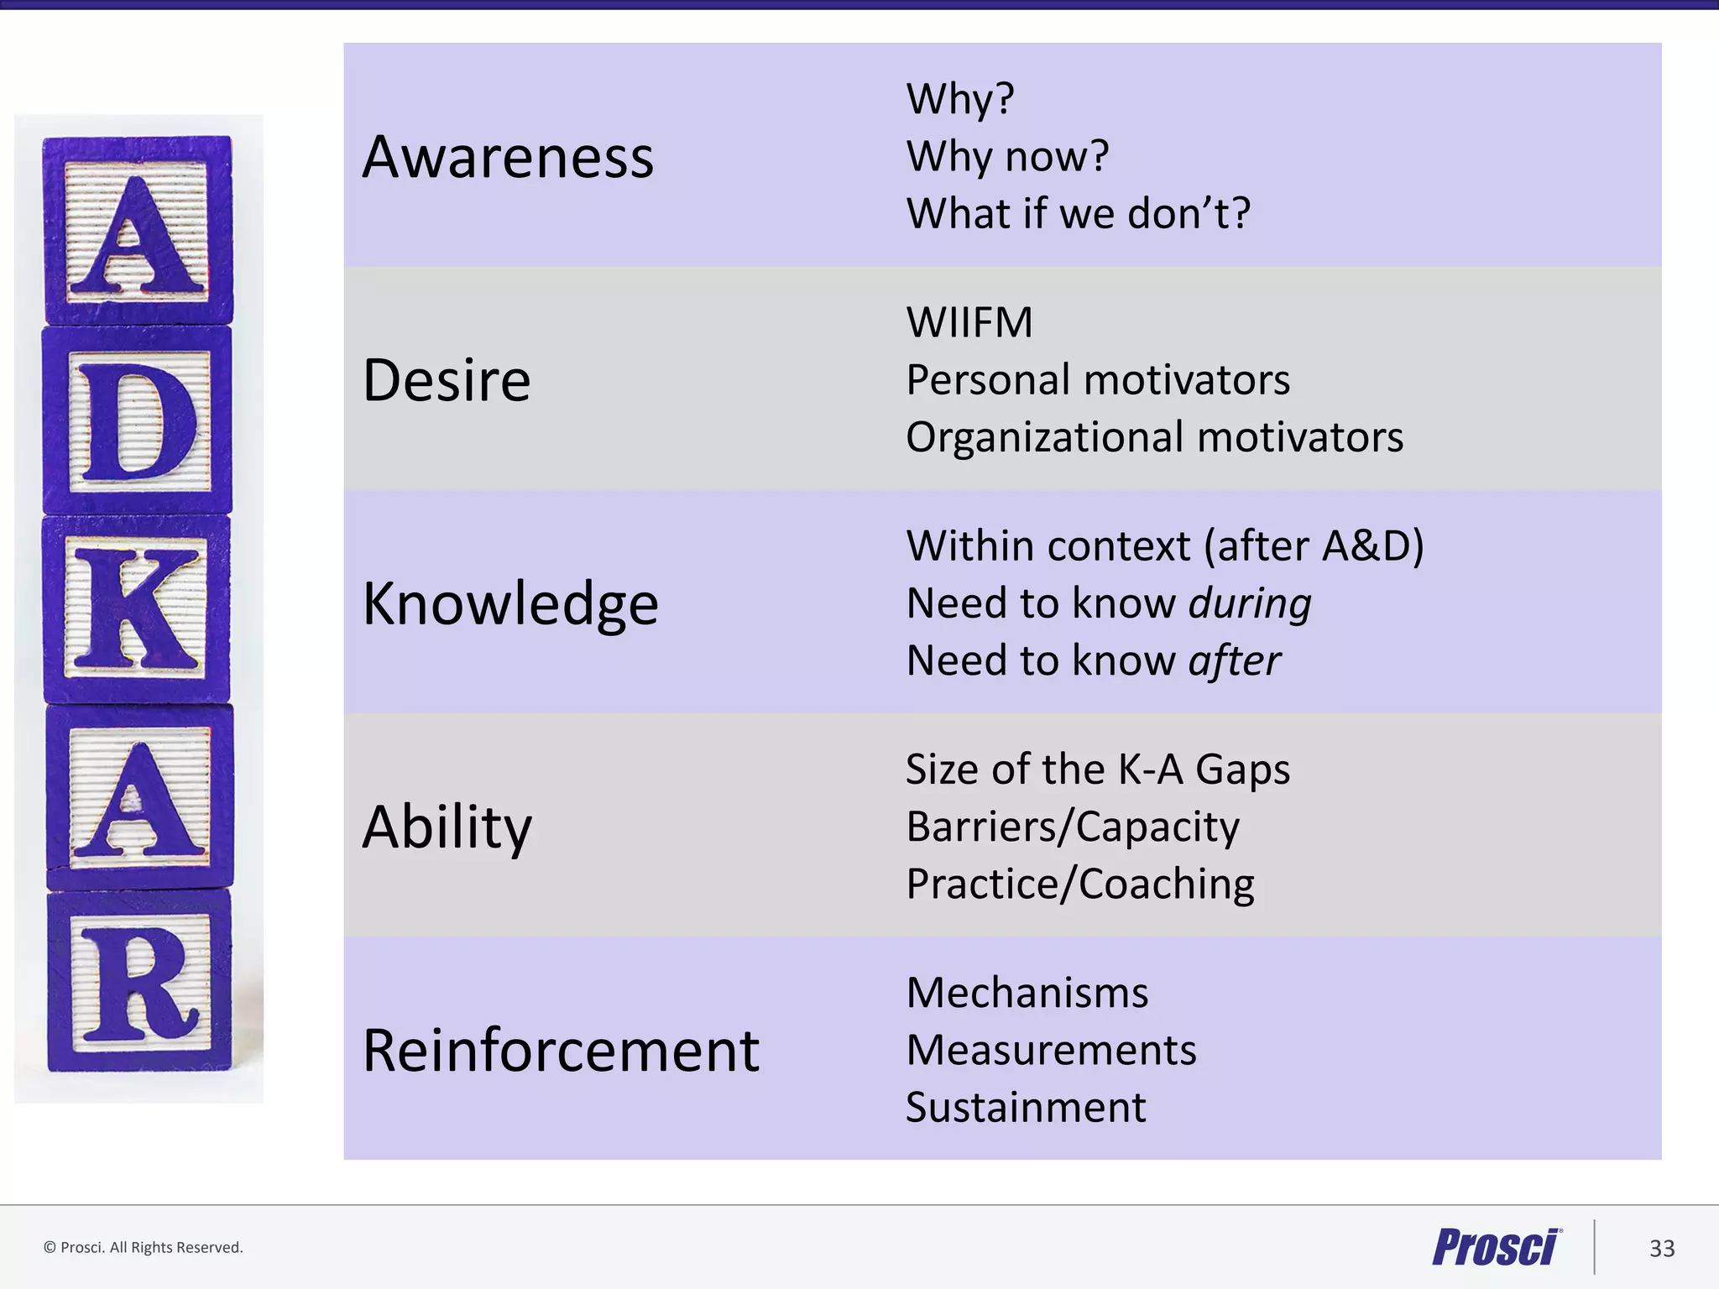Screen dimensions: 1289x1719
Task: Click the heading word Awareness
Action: pyautogui.click(x=508, y=157)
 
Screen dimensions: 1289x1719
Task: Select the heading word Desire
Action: pyautogui.click(x=447, y=380)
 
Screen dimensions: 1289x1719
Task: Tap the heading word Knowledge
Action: pyautogui.click(x=510, y=604)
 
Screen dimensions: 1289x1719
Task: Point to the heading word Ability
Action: pyautogui.click(x=447, y=827)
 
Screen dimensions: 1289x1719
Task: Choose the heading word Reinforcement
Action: pyautogui.click(x=561, y=1050)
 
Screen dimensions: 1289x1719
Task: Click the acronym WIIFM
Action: pyautogui.click(x=969, y=322)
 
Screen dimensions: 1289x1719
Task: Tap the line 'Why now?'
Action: pyautogui.click(x=1007, y=156)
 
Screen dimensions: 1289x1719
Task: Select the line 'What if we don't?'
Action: pyautogui.click(x=1079, y=213)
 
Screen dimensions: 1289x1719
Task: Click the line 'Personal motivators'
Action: pyautogui.click(x=1098, y=379)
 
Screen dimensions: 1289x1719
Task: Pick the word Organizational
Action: pyautogui.click(x=1045, y=437)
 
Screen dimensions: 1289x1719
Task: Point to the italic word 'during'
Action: pyautogui.click(x=1250, y=603)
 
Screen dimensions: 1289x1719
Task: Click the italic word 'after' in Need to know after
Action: pyautogui.click(x=1235, y=660)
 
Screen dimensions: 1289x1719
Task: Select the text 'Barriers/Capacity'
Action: pyautogui.click(x=1073, y=827)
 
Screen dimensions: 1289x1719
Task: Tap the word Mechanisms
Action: pyautogui.click(x=1027, y=993)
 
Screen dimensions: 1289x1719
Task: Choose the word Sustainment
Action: pyautogui.click(x=1026, y=1108)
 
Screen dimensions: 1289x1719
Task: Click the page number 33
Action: pyautogui.click(x=1662, y=1248)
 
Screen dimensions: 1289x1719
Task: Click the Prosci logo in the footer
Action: pyautogui.click(x=1497, y=1247)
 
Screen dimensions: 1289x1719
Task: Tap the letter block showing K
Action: pyautogui.click(x=137, y=609)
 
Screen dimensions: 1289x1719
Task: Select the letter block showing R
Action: pyautogui.click(x=138, y=981)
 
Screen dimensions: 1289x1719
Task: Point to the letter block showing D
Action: pyautogui.click(x=137, y=420)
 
